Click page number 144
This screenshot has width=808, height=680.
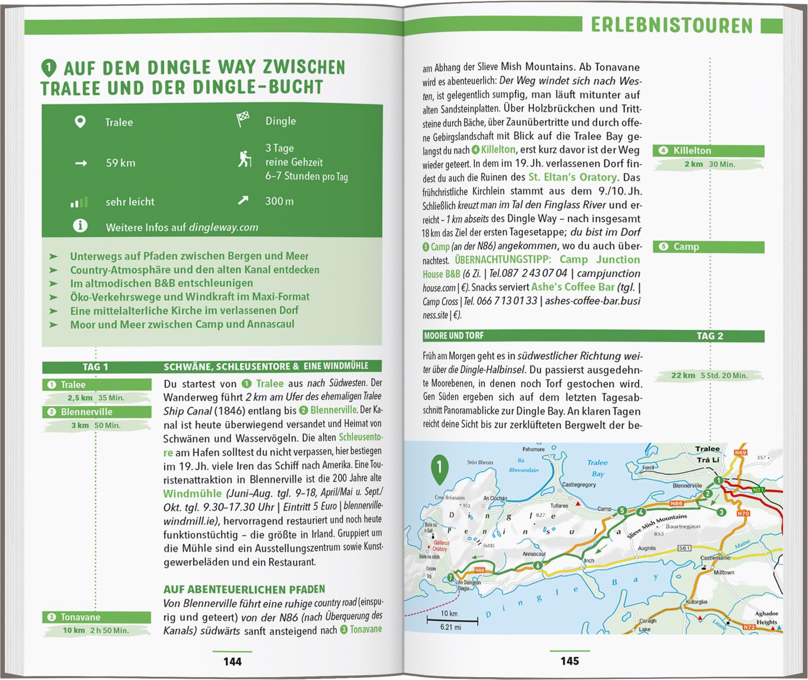click(233, 662)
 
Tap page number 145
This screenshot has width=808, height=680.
click(569, 661)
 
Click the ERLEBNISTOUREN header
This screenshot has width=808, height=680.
click(671, 25)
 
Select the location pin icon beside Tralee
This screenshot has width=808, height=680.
click(80, 122)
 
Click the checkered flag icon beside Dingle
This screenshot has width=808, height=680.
click(243, 120)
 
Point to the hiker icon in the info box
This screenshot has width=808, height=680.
click(245, 159)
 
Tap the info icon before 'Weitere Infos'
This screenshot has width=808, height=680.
click(80, 226)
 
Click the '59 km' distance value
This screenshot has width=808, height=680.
click(120, 163)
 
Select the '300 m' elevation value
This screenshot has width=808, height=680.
click(279, 202)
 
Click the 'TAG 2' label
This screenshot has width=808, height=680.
click(709, 336)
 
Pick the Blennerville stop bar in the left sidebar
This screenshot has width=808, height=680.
click(97, 412)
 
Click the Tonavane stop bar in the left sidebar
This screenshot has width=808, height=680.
click(97, 617)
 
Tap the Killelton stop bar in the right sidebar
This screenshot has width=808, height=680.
click(708, 151)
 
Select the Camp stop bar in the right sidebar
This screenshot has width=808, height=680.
click(708, 247)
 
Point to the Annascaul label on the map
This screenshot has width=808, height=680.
click(534, 554)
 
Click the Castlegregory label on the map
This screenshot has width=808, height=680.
click(579, 485)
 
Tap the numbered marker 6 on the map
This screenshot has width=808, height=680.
click(538, 565)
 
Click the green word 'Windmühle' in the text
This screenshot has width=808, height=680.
click(192, 494)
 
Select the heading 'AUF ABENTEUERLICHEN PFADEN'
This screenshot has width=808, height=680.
click(244, 589)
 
